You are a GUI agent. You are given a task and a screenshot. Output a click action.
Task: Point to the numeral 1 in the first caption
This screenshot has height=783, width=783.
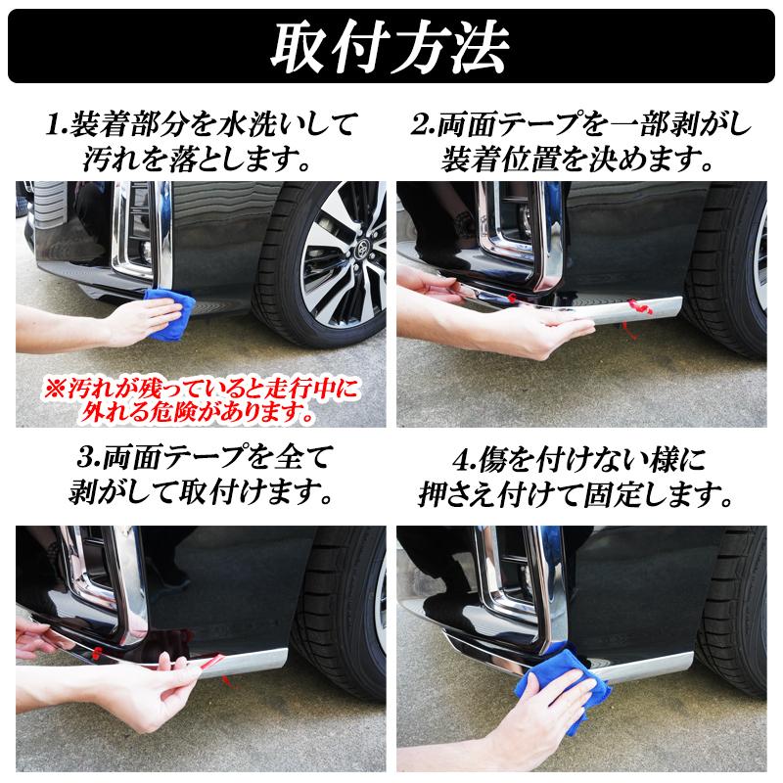click(x=55, y=126)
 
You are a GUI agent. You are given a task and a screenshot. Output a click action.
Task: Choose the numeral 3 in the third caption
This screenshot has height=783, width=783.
click(x=87, y=457)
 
